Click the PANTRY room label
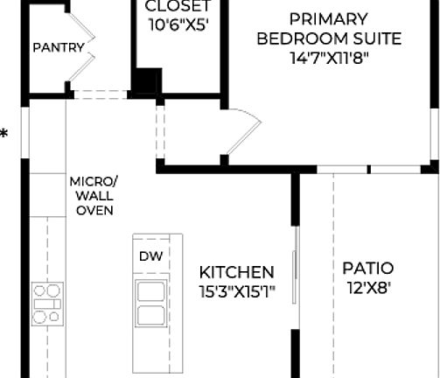point(59,47)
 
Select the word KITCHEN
point(236,272)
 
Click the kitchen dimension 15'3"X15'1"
point(236,292)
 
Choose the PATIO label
point(367,268)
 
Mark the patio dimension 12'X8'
point(367,287)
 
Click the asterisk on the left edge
point(4,135)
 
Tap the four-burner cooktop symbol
point(46,303)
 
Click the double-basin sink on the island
point(150,304)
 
